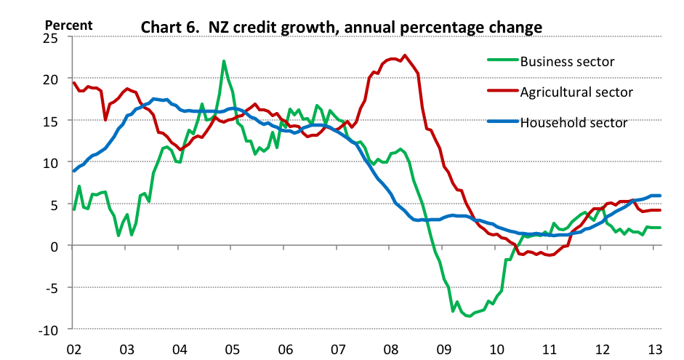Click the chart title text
341,28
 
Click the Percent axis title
69,24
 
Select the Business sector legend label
568,61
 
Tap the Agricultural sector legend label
576,92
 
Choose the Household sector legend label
574,122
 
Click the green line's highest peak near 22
224,61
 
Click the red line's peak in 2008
405,55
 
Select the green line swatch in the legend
501,61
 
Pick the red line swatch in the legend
501,92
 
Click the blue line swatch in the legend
501,122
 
